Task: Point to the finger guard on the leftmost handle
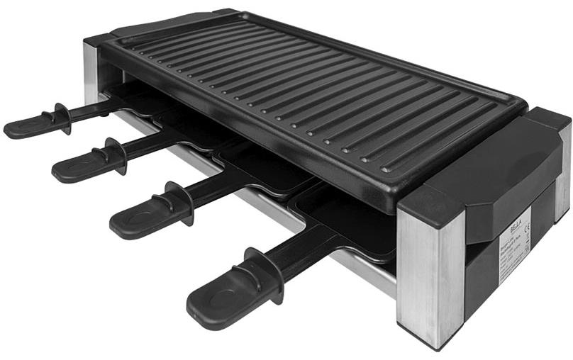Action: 60,116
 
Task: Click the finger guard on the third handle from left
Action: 177,203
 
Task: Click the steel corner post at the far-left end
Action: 91,71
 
